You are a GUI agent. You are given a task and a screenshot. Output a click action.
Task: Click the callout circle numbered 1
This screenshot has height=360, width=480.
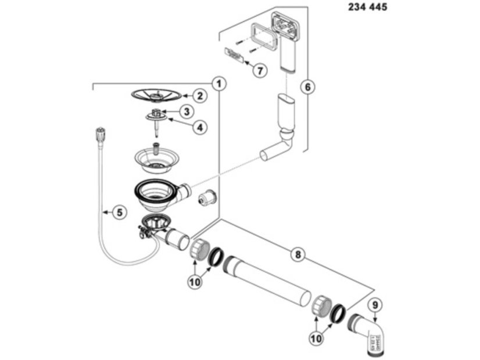click(218, 84)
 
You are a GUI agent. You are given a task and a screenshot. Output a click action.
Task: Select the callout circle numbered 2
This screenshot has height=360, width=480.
click(199, 96)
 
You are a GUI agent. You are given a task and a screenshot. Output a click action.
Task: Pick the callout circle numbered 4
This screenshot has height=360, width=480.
click(200, 126)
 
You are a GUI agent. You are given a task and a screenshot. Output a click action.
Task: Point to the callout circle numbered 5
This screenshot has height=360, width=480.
click(119, 213)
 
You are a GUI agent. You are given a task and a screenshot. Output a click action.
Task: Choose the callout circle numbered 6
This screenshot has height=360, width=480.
click(309, 87)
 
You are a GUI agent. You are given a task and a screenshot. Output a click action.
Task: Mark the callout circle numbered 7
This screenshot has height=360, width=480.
click(259, 71)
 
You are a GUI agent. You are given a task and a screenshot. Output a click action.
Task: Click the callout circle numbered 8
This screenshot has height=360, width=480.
click(298, 254)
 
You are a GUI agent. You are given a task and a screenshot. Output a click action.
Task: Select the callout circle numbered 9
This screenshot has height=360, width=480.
click(375, 303)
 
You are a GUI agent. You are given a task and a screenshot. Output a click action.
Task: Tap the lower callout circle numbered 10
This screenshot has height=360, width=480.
click(317, 338)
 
